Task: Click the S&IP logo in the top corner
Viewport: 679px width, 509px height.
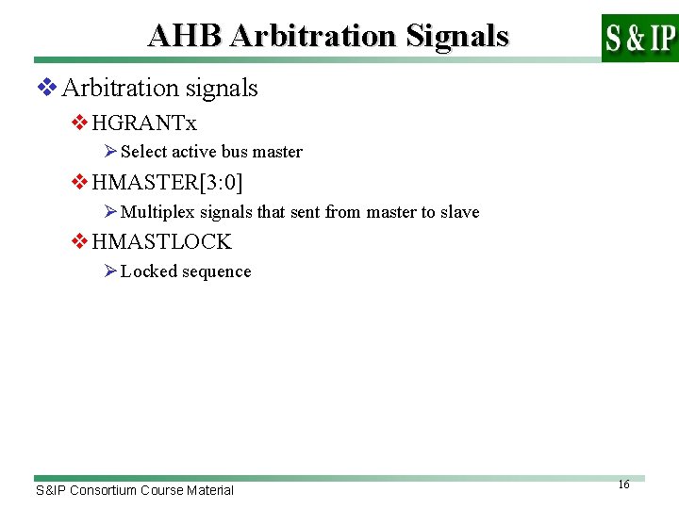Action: (x=639, y=38)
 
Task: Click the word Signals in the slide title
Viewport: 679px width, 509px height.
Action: (x=457, y=36)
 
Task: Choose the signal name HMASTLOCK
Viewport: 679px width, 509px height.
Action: (x=161, y=242)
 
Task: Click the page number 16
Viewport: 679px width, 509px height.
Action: (x=623, y=484)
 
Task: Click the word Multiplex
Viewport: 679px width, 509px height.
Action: (x=154, y=212)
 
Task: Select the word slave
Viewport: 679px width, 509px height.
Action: (x=460, y=212)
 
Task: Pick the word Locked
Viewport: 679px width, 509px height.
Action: (x=146, y=271)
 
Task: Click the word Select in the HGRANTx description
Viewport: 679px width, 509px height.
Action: (x=143, y=152)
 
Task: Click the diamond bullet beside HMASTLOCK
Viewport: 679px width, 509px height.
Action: (x=80, y=242)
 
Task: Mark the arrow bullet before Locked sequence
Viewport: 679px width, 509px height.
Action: (x=110, y=271)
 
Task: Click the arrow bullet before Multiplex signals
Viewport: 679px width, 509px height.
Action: (x=110, y=212)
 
